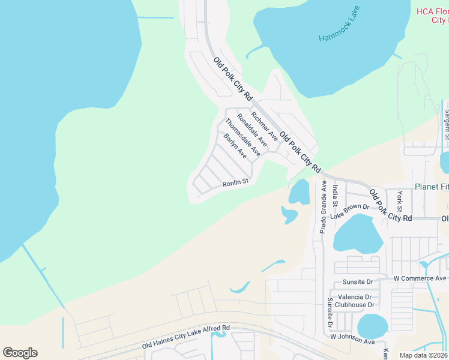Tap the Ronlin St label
tap(235, 183)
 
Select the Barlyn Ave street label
tap(235, 146)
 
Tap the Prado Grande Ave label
tap(323, 207)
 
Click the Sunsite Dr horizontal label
tap(358, 281)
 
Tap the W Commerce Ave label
tap(420, 278)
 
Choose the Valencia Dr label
tap(355, 297)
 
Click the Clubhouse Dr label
tap(355, 305)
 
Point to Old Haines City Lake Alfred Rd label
tap(186, 337)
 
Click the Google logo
tap(20, 353)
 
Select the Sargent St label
tap(447, 124)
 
